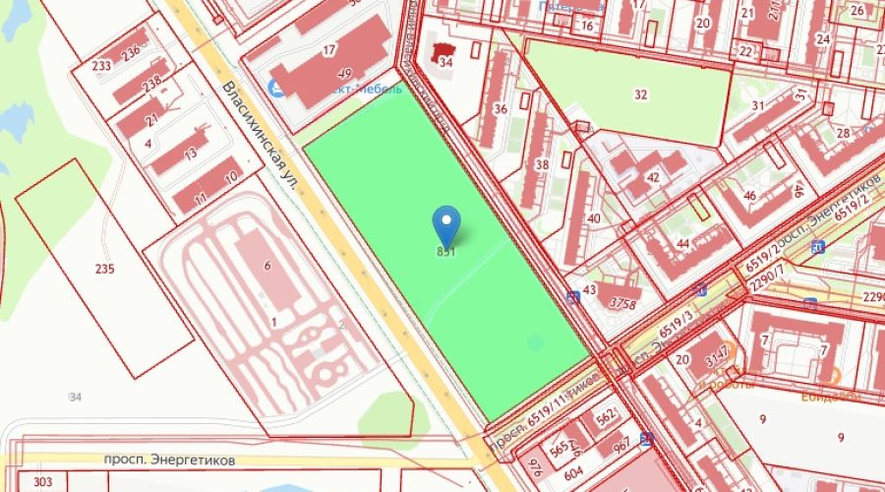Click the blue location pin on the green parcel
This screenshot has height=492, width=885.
(446, 223)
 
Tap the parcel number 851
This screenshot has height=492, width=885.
(446, 252)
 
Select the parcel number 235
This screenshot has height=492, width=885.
(105, 268)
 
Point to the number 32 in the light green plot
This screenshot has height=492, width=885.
(641, 94)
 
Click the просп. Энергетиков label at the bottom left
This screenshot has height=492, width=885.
(158, 460)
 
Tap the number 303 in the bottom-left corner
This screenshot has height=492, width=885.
(42, 481)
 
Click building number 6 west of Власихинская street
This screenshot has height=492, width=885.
(266, 265)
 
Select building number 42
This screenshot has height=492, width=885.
(653, 177)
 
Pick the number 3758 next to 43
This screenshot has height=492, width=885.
(621, 302)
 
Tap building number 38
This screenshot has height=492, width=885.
(541, 163)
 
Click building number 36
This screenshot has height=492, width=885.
(500, 109)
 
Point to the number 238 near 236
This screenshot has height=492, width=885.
(151, 84)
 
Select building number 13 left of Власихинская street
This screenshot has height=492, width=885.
(190, 154)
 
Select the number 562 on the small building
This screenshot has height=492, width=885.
(606, 416)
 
